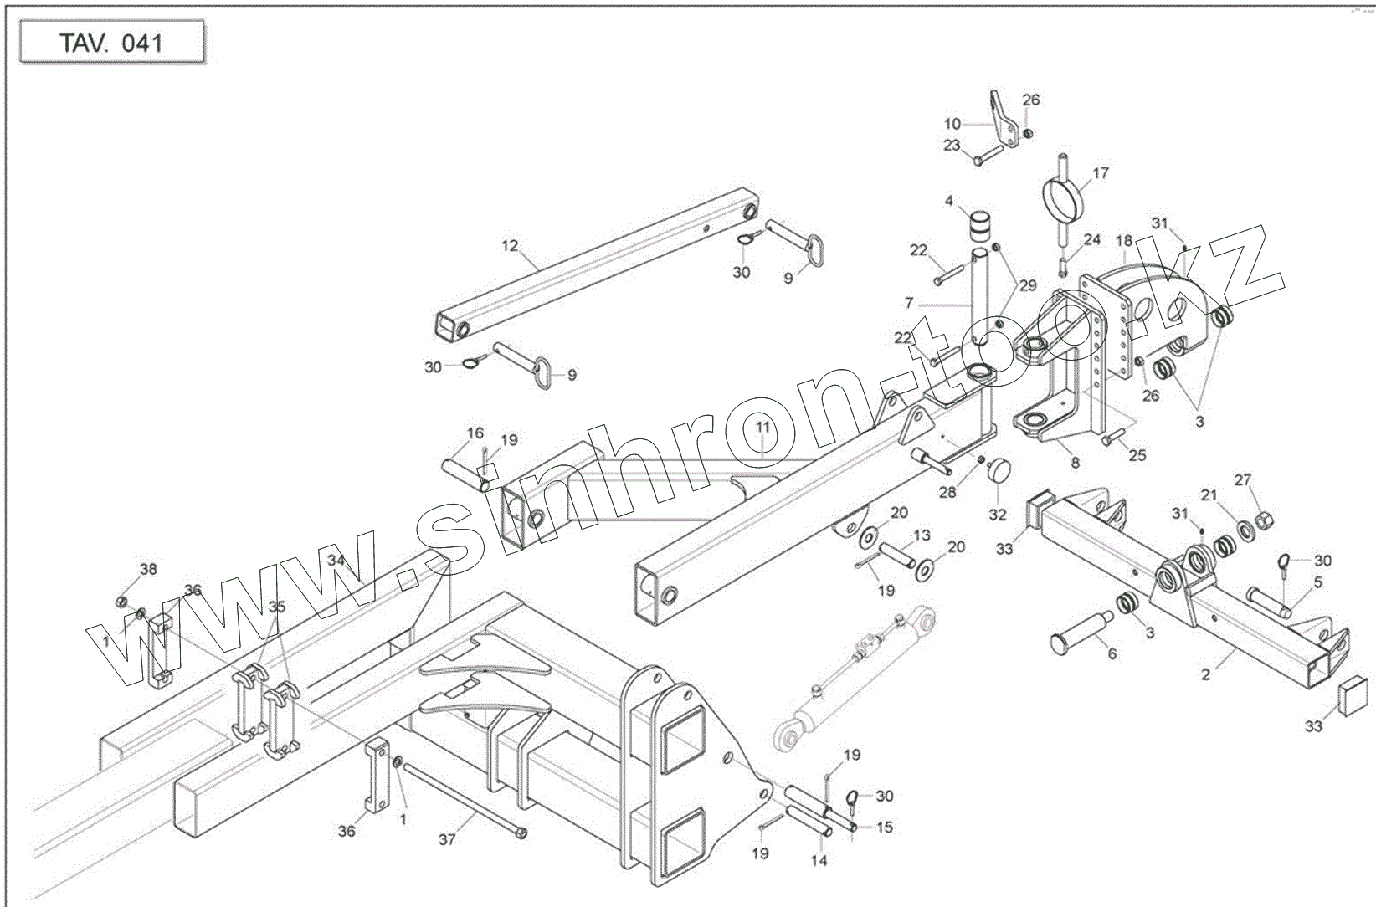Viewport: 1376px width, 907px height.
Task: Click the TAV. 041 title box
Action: [x=111, y=44]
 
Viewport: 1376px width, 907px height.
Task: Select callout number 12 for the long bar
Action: [x=510, y=246]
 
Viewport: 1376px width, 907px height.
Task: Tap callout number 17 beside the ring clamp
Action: [x=1101, y=173]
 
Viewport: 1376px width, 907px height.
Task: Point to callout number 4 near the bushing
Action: [x=949, y=201]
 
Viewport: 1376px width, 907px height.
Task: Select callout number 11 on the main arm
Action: [x=762, y=428]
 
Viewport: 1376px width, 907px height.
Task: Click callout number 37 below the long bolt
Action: [x=447, y=838]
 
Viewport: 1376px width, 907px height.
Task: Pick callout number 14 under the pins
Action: [x=819, y=860]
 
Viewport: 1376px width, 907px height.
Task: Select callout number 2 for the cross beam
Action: [x=1205, y=674]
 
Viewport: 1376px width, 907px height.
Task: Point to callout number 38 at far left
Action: [x=148, y=570]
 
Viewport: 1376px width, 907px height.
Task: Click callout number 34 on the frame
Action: [x=336, y=560]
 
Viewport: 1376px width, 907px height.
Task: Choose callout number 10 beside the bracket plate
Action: [x=952, y=125]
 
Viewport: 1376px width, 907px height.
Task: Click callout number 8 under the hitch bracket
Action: [x=1075, y=462]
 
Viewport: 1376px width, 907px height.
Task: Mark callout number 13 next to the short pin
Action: [x=922, y=535]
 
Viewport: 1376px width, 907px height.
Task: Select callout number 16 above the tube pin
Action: [x=475, y=433]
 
